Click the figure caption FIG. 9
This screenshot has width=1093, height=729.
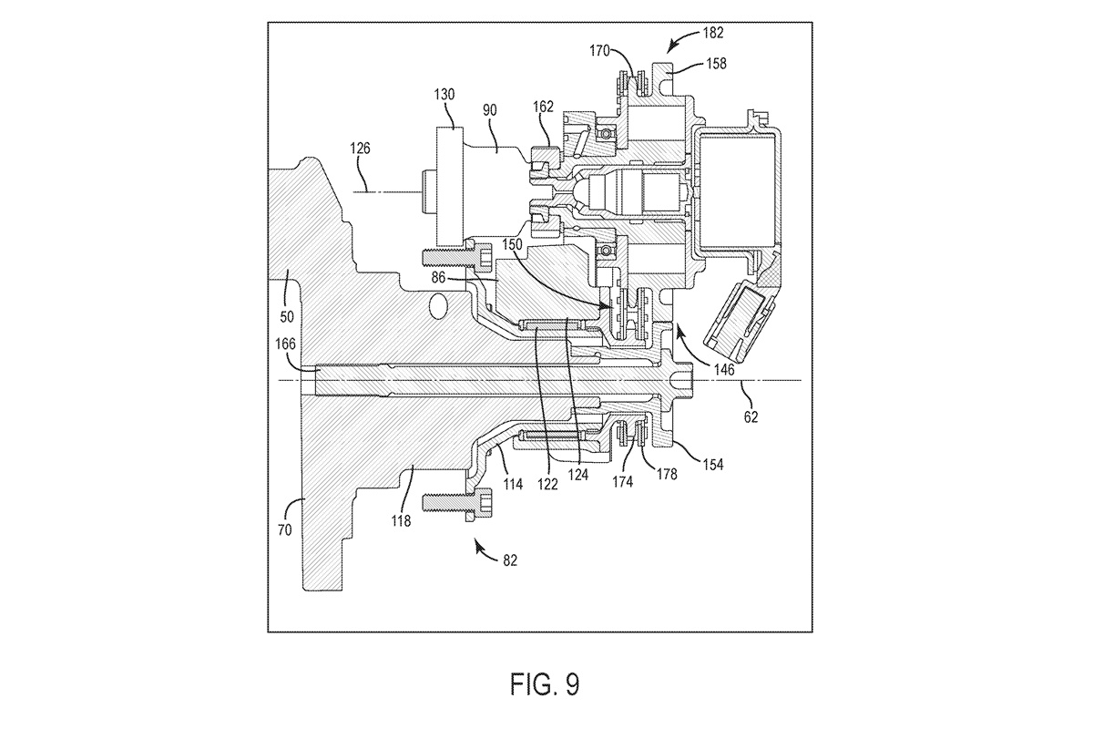(545, 684)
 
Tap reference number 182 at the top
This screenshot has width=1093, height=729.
(713, 33)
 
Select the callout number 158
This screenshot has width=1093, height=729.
(716, 64)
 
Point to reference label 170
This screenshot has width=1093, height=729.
(600, 50)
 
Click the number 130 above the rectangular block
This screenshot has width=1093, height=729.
(444, 94)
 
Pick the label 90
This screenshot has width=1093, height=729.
(489, 110)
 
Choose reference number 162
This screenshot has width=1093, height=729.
(543, 107)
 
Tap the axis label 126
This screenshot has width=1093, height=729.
(360, 148)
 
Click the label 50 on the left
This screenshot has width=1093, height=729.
(287, 317)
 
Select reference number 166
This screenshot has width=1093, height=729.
(285, 344)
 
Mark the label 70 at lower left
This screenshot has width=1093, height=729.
(284, 529)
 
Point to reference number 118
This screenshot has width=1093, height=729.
(401, 521)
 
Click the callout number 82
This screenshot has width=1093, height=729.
(510, 560)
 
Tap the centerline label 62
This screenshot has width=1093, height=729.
(751, 417)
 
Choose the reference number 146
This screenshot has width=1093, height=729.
(724, 370)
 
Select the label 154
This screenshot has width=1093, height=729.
(713, 465)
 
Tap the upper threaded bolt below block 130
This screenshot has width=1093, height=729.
(456, 257)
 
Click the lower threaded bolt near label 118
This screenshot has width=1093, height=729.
(456, 502)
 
